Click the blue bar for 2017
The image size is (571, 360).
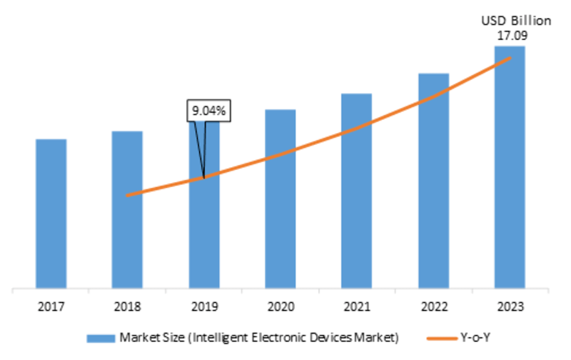[x=51, y=214]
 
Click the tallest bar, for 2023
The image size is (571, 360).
[x=510, y=171]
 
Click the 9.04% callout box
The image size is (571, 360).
[x=208, y=111]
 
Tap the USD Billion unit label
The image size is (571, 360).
[x=515, y=21]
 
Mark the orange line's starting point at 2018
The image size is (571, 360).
[x=127, y=194]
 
